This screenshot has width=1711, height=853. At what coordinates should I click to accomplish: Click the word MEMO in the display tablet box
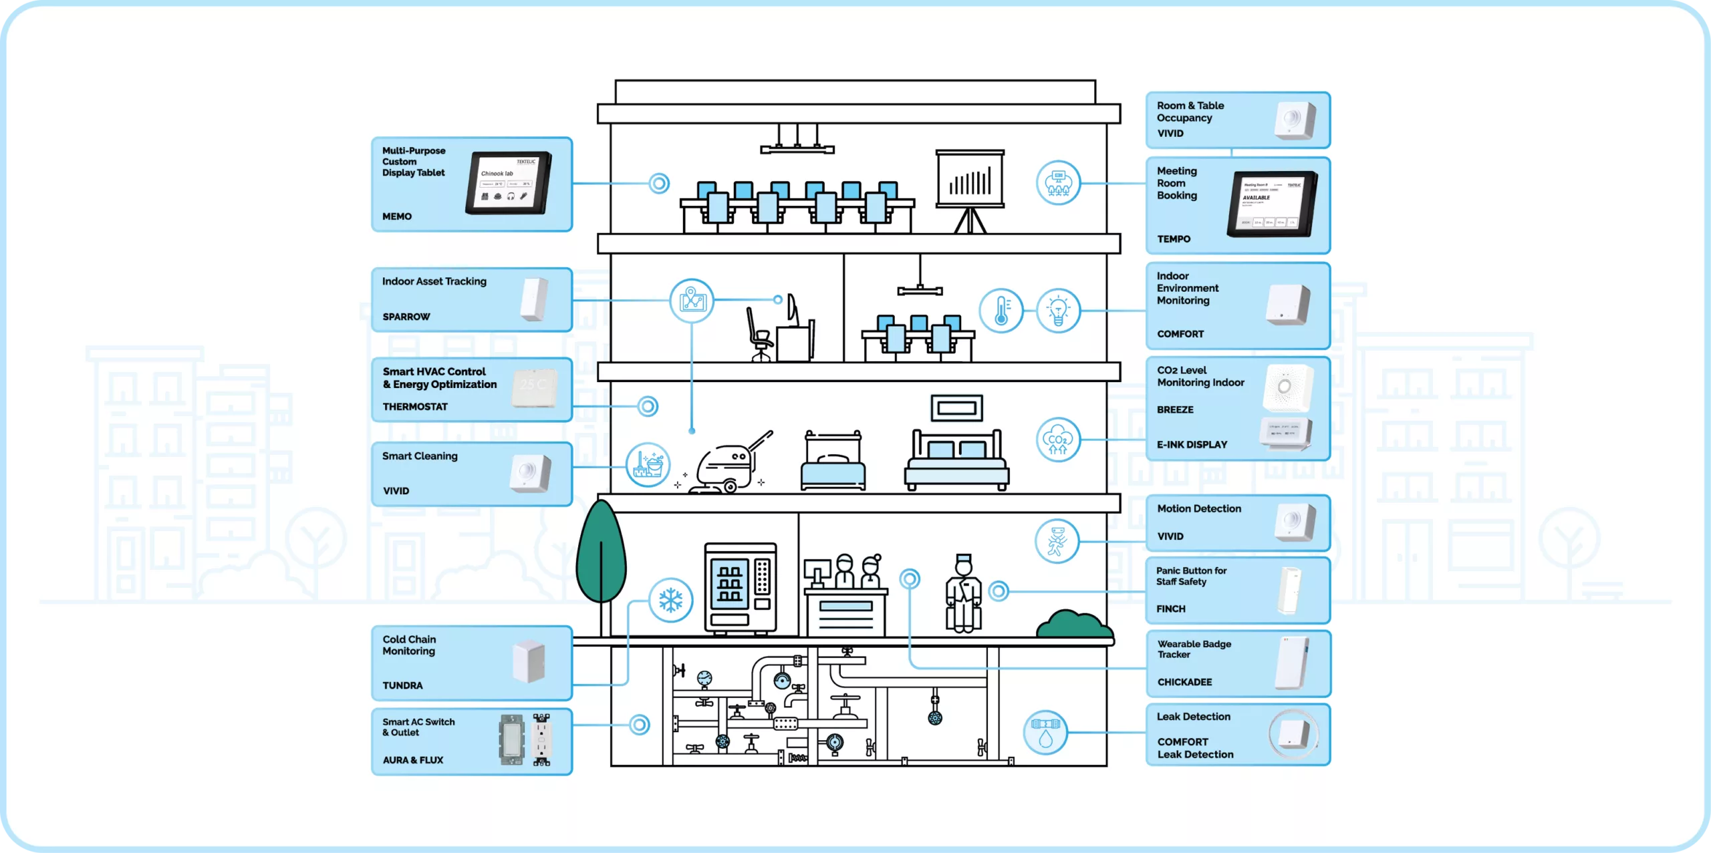[x=397, y=216]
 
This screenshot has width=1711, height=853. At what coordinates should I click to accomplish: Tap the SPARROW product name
[x=406, y=317]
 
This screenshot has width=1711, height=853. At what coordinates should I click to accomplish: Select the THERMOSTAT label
[x=415, y=406]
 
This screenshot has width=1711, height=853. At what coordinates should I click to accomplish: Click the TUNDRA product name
[x=402, y=685]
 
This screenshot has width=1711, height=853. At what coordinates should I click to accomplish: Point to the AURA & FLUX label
[x=413, y=760]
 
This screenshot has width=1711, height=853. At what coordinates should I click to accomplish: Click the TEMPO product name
[x=1174, y=239]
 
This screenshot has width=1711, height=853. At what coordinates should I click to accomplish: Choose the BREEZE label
[x=1175, y=409]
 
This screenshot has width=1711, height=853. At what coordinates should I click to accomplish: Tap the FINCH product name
[x=1171, y=609]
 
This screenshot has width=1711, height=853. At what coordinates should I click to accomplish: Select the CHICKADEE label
[x=1185, y=682]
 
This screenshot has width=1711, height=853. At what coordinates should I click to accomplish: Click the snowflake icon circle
[x=670, y=600]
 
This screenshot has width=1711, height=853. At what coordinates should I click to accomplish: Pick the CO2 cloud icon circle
[x=1058, y=440]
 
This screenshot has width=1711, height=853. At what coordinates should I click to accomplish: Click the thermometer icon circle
[x=1001, y=311]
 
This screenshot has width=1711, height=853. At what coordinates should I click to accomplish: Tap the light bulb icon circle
[x=1058, y=311]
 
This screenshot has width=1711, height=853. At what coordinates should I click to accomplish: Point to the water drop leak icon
[x=1045, y=733]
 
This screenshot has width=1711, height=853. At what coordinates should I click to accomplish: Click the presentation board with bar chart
[x=970, y=180]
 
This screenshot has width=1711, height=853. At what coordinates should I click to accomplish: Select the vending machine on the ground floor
[x=741, y=588]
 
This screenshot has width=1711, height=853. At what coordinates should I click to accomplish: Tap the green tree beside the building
[x=601, y=554]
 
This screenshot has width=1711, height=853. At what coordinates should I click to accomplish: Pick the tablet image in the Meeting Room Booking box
[x=1271, y=204]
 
